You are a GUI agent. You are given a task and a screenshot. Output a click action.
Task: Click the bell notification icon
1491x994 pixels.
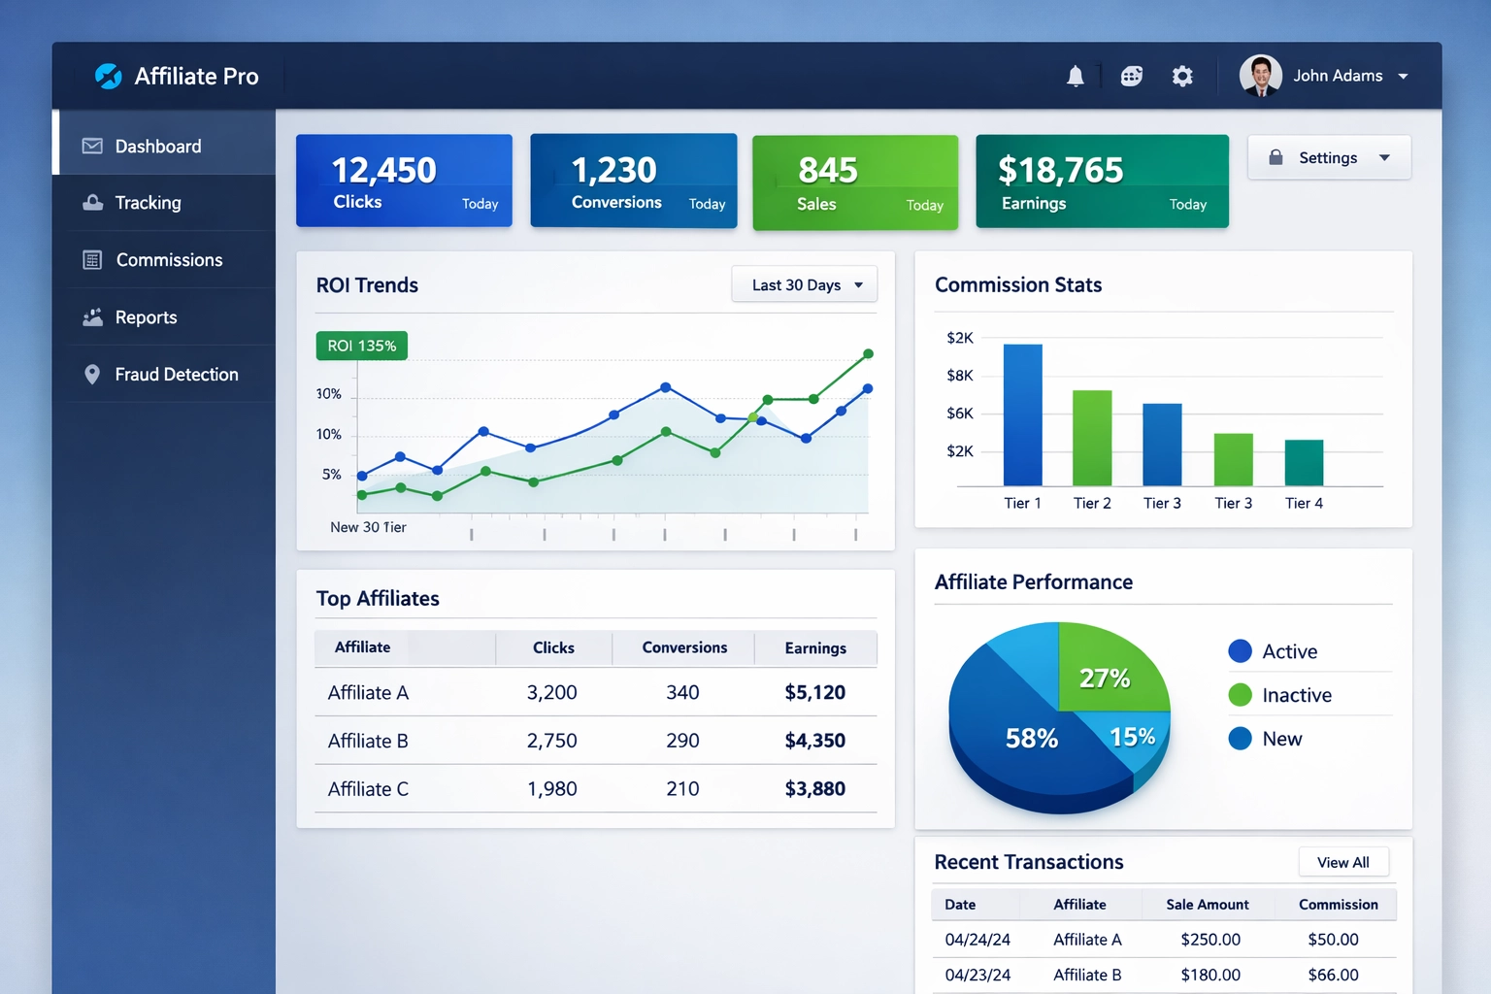point(1075,76)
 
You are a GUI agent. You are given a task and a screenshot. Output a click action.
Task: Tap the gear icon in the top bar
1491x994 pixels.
point(1181,76)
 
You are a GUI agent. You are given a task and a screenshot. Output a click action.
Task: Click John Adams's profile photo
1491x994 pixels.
point(1260,76)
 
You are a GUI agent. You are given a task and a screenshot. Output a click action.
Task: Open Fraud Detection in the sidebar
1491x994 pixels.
point(176,375)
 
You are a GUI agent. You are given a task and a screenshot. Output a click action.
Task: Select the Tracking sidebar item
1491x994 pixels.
point(148,203)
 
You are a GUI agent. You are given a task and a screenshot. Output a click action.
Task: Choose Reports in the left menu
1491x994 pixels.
point(146,317)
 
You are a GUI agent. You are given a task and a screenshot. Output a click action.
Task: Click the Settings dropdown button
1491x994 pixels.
point(1328,157)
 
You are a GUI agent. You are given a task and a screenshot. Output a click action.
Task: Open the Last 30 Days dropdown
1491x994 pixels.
point(805,284)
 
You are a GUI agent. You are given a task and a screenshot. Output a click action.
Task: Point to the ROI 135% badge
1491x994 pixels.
point(361,346)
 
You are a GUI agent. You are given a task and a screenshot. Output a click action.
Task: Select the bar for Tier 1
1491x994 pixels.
point(1022,415)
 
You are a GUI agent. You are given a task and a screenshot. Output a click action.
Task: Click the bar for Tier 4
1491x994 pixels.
point(1304,463)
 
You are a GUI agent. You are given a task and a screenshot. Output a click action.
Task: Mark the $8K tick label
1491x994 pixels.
point(959,376)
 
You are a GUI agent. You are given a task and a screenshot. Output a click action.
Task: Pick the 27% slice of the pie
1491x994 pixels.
point(1107,670)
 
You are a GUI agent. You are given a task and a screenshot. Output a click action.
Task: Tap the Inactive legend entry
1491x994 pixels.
point(1296,695)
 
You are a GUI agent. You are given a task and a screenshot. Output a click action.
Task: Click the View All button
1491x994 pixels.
point(1342,862)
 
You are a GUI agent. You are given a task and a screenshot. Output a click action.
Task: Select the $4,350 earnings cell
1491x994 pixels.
point(814,741)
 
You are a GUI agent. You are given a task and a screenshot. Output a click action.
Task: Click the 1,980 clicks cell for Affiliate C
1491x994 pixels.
point(551,789)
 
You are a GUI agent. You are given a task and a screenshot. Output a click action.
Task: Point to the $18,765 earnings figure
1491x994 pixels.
point(1060,171)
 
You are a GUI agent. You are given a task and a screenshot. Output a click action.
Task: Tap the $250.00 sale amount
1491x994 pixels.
point(1209,940)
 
